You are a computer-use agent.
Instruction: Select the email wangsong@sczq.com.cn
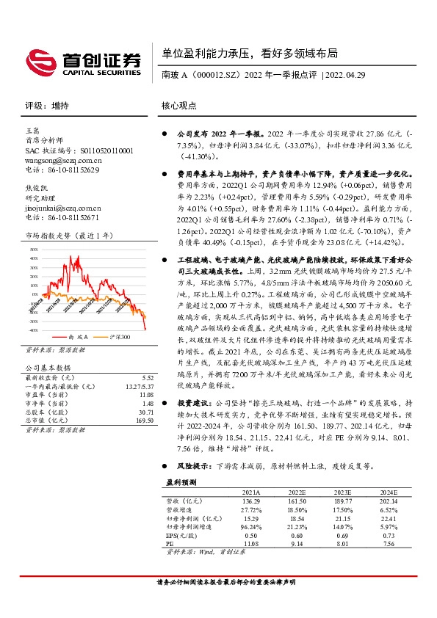tap(63, 159)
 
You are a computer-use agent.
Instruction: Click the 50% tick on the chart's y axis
tap(33, 249)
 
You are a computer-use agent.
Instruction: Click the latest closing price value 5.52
tap(147, 377)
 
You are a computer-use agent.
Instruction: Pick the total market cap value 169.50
tap(145, 421)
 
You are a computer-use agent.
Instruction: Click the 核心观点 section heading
tap(178, 106)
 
